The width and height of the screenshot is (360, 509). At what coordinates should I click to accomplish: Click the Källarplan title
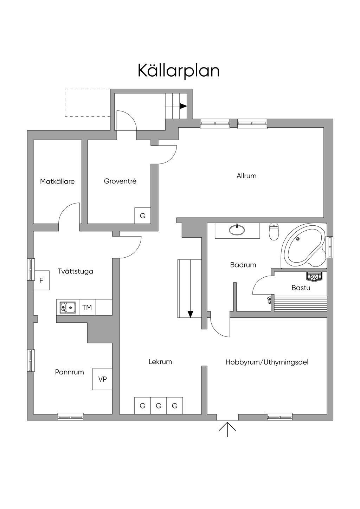click(179, 71)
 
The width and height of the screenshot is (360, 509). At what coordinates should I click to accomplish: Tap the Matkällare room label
click(57, 181)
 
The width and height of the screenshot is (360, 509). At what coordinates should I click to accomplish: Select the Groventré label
click(120, 181)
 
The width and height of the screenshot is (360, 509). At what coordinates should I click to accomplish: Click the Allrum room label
click(246, 176)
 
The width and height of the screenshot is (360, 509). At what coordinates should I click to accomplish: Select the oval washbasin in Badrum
click(237, 230)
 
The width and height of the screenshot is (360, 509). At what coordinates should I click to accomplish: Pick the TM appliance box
click(87, 308)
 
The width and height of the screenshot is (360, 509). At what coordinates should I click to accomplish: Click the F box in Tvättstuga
click(41, 281)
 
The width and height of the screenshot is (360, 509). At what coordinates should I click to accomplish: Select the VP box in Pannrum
click(102, 379)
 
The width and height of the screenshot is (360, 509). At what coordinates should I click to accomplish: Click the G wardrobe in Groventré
click(143, 216)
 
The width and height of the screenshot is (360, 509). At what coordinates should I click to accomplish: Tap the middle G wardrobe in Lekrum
click(159, 406)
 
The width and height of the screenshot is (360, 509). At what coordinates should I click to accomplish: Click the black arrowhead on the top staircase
click(183, 106)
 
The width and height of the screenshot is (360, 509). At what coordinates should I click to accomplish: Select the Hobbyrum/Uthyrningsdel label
click(267, 362)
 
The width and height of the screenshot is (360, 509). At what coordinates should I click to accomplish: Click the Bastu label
click(301, 288)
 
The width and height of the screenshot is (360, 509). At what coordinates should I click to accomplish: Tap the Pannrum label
click(70, 372)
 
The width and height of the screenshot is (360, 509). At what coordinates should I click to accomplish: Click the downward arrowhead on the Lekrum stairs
click(191, 314)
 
